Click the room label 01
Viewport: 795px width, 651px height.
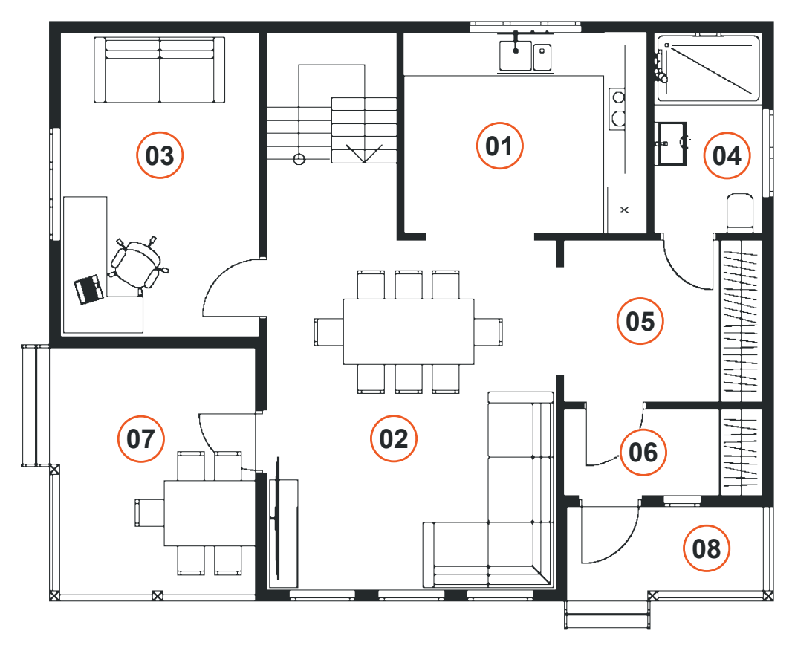tap(499, 146)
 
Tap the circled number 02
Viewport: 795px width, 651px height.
tap(394, 438)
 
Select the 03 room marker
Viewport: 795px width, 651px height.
tap(160, 155)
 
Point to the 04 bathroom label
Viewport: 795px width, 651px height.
tap(727, 155)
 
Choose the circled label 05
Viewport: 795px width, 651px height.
tap(640, 321)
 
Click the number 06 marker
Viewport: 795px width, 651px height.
tap(643, 453)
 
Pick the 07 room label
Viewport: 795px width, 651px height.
tap(140, 438)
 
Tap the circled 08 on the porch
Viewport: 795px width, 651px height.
tap(706, 548)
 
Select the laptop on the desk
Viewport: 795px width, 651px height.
tap(89, 289)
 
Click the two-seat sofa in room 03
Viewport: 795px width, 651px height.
tap(160, 69)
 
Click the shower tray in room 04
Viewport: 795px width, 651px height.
tap(709, 68)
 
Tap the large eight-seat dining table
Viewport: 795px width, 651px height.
tap(409, 331)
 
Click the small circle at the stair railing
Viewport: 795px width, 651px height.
tap(299, 160)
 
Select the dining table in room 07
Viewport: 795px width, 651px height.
tap(210, 513)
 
